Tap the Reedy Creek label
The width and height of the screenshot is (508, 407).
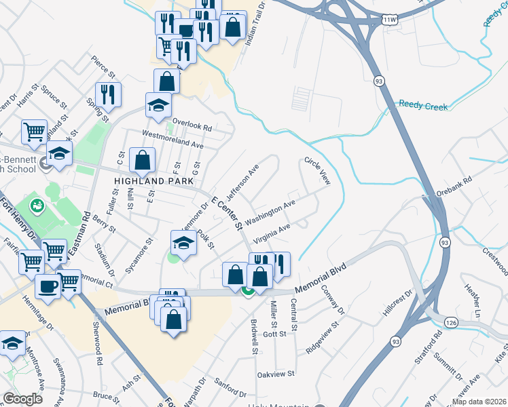(423, 106)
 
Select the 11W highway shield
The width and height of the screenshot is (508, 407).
(388, 20)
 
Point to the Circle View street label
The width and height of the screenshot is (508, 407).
(316, 171)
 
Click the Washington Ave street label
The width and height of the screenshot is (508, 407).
(270, 212)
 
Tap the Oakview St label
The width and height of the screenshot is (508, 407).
(276, 374)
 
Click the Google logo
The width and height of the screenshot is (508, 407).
(22, 398)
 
